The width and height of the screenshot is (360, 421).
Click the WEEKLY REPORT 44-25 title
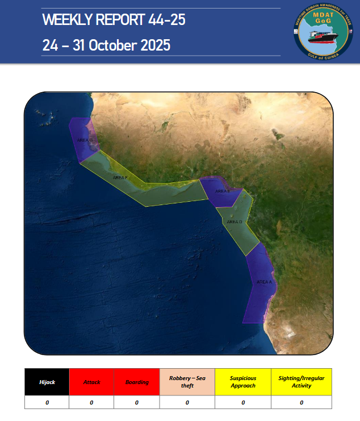pos(114,21)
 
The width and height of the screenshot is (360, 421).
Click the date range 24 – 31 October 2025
pos(106,45)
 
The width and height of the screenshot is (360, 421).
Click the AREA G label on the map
pos(85,139)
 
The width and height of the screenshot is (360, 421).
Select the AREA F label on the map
pos(120,178)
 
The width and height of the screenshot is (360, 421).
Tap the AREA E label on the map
pos(223,191)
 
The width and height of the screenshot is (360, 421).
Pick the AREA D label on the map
pos(234,222)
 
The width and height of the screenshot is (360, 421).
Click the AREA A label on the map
pos(264,282)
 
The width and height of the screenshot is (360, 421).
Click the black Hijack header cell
pos(47,382)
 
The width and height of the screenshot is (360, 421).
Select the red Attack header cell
pos(91,382)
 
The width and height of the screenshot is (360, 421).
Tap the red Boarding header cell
pos(137,382)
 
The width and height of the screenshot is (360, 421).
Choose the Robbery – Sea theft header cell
pos(187,382)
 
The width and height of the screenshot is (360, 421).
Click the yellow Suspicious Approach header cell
pos(243,382)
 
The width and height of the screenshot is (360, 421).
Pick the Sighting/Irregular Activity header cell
pos(302,382)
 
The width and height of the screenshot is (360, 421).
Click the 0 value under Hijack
pos(47,402)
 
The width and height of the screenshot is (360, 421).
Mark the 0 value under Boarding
pos(137,402)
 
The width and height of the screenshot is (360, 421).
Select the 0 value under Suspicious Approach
pos(243,402)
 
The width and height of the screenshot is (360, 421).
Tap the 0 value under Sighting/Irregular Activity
pos(302,402)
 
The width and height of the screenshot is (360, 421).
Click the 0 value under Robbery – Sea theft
pos(187,402)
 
